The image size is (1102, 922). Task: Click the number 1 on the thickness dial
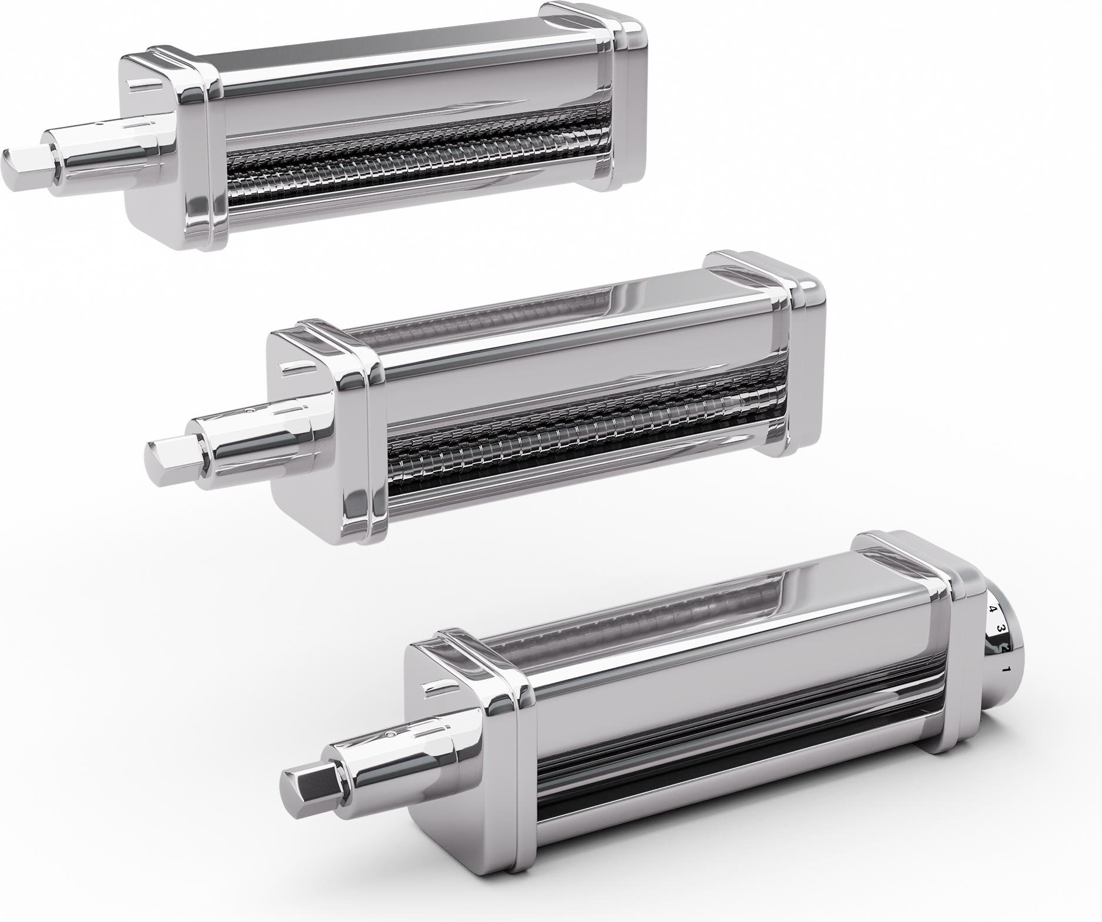[x=1006, y=669]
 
